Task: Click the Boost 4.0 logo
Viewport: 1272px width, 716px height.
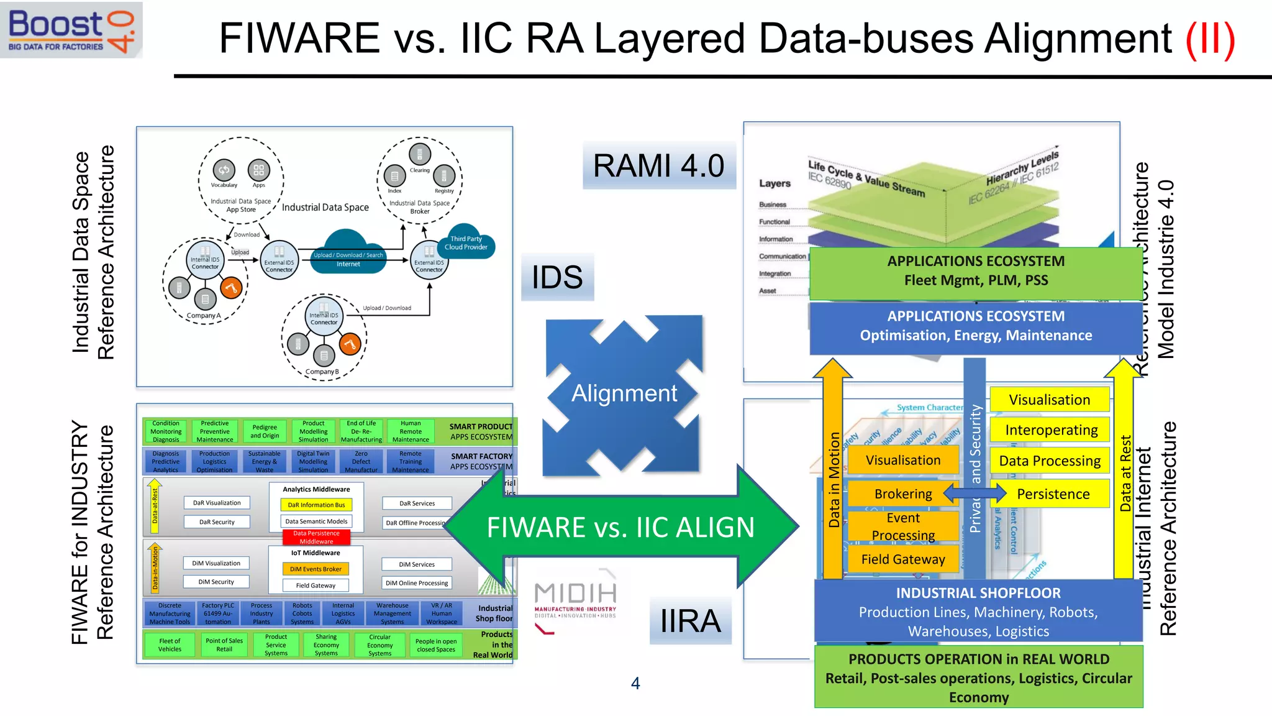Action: click(71, 30)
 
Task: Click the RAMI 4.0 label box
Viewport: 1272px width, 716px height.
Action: click(658, 165)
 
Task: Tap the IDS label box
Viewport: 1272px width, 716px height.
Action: click(557, 277)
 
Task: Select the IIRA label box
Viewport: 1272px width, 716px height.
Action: click(690, 621)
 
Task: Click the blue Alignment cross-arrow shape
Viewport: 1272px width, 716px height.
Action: click(624, 394)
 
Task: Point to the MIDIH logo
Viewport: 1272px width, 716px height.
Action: click(575, 600)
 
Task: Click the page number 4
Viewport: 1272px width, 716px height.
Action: click(635, 683)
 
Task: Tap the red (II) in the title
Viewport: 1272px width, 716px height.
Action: click(1210, 39)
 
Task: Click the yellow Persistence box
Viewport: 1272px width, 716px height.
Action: click(1053, 494)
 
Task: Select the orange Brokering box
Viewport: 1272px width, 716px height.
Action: click(902, 493)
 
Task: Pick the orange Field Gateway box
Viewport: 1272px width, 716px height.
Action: click(902, 559)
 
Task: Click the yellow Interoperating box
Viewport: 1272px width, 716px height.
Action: click(1051, 430)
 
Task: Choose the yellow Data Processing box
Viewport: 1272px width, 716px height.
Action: click(1050, 461)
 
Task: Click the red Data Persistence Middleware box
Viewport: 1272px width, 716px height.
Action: click(316, 537)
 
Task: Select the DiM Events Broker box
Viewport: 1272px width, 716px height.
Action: click(316, 569)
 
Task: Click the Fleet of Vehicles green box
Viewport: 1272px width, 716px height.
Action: click(170, 645)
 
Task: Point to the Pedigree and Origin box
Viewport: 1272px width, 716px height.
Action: click(265, 431)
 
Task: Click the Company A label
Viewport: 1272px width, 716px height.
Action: click(203, 316)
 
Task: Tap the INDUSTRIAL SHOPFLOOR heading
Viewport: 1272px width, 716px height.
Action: click(978, 593)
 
